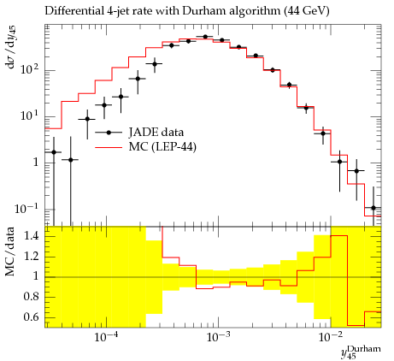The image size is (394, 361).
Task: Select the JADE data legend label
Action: [x=156, y=133]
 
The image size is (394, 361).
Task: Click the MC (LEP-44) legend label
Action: [x=162, y=147]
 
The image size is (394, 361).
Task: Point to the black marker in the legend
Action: [x=109, y=133]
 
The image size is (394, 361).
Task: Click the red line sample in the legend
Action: [x=109, y=147]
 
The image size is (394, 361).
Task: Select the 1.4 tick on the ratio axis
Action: [x=31, y=236]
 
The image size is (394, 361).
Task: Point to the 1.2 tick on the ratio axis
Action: [x=31, y=257]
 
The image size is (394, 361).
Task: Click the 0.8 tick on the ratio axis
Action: [x=31, y=297]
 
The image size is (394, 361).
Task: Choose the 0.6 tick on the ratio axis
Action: [x=31, y=317]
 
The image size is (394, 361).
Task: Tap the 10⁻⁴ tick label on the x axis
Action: [x=107, y=337]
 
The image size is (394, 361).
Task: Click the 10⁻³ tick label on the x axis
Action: [x=219, y=337]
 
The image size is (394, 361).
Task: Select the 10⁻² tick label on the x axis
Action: [x=331, y=337]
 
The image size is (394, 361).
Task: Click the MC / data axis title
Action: [x=9, y=252]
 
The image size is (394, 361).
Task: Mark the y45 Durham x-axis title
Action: [x=361, y=352]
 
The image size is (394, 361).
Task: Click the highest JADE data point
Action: [x=205, y=37]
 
